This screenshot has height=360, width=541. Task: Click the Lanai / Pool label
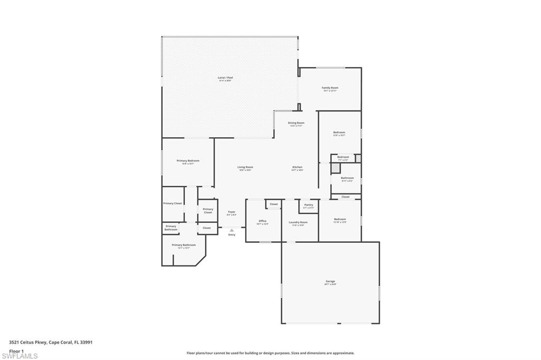225,78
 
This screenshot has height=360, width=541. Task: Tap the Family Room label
330,88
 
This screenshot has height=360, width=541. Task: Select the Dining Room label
296,123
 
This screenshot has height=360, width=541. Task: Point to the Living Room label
245,167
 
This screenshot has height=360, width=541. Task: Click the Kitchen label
297,167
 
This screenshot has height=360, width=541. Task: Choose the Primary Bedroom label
188,160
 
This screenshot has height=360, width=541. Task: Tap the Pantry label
309,205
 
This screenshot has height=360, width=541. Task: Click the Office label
263,221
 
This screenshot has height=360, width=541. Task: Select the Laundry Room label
298,222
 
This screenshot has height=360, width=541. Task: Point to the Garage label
330,281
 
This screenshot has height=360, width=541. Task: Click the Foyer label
231,212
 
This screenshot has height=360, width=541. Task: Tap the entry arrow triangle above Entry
231,230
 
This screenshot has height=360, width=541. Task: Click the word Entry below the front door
231,235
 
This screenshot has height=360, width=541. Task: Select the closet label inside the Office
274,204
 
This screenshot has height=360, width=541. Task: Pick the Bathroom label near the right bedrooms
347,178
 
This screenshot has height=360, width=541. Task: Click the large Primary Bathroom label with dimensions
183,245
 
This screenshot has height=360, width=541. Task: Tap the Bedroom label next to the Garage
340,219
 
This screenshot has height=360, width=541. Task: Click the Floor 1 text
16,350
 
